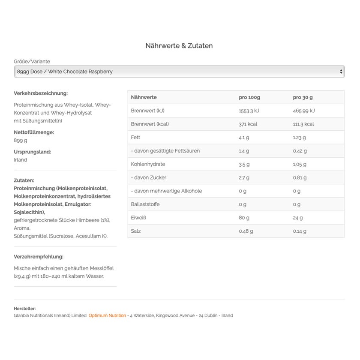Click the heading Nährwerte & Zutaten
179,46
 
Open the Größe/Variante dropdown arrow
341,72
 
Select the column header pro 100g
249,97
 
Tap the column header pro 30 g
303,97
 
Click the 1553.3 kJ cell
249,111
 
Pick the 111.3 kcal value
303,124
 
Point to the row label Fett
135,137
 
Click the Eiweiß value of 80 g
244,218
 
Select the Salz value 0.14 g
300,231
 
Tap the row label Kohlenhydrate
148,164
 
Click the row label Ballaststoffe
146,204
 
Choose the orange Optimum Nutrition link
107,315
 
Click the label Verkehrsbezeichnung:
41,93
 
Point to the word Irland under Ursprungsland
20,160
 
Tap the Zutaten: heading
24,180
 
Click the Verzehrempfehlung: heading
39,257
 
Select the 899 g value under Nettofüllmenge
20,140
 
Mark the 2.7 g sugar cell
244,177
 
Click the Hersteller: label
25,309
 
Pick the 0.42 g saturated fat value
300,151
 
